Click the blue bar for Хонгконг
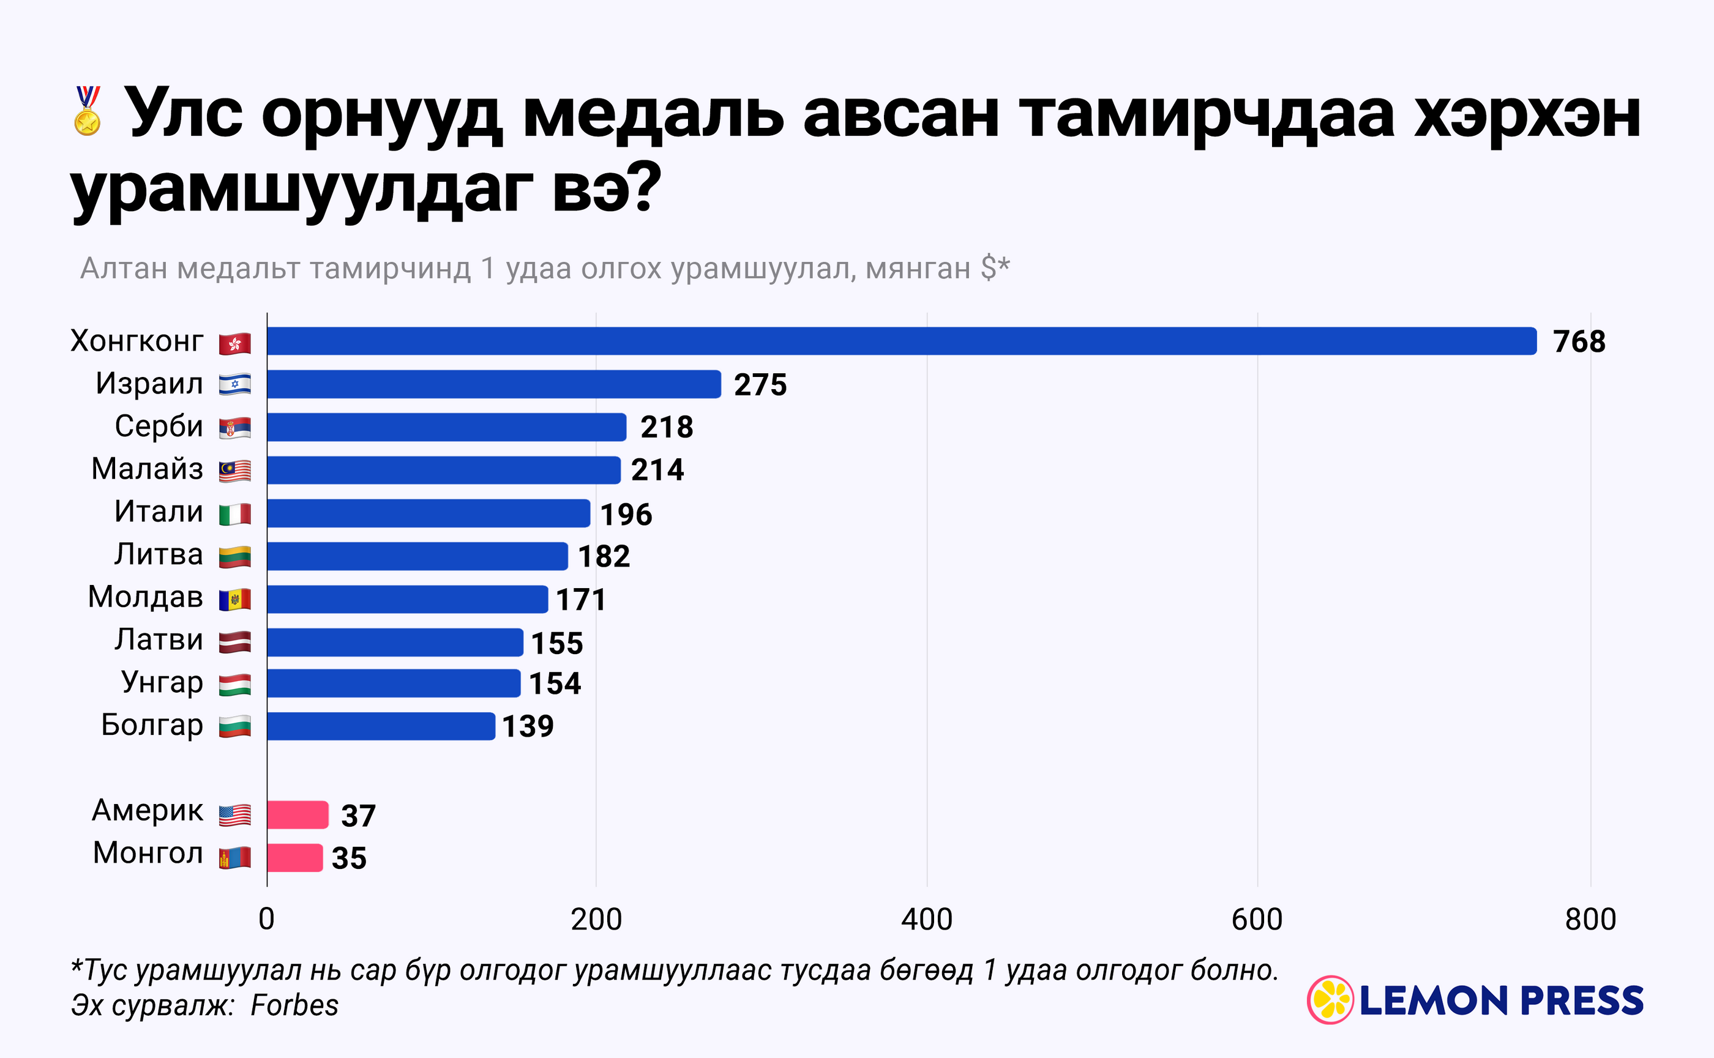click(x=902, y=341)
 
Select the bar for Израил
click(x=493, y=384)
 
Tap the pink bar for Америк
click(x=298, y=814)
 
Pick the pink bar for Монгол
click(x=294, y=858)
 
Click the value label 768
click(x=1579, y=341)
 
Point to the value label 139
click(x=528, y=726)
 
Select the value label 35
click(x=348, y=859)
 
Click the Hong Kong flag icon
click(x=234, y=343)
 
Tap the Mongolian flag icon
click(x=234, y=858)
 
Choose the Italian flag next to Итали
click(x=234, y=514)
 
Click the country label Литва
click(x=159, y=554)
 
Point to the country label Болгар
click(x=152, y=725)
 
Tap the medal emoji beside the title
click(x=88, y=111)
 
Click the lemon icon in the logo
click(x=1330, y=1000)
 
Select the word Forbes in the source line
click(x=294, y=1005)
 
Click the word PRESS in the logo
click(x=1582, y=1000)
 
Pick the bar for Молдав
click(x=407, y=599)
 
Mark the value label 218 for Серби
click(x=666, y=427)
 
